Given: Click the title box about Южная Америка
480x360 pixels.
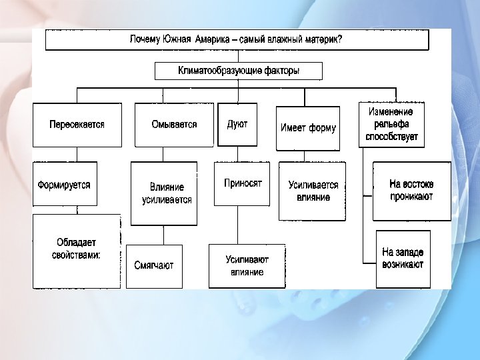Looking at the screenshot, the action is tap(237, 39).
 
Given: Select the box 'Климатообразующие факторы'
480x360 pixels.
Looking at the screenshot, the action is tap(238, 71).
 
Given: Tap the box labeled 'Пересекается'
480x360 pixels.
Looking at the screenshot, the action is tap(77, 125).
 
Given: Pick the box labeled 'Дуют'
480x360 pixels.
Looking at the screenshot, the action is tap(237, 125).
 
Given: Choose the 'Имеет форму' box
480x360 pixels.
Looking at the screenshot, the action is tap(308, 128).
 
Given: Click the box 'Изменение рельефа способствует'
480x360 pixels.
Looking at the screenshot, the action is tap(391, 124).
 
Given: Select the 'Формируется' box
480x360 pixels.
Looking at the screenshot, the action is tap(65, 184).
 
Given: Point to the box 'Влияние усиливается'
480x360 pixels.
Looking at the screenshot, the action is tap(167, 193).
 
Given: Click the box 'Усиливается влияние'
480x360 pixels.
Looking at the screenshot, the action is tap(313, 191).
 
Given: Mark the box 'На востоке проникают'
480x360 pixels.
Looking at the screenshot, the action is tap(411, 191).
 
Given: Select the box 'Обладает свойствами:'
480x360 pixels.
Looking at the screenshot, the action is tap(77, 250).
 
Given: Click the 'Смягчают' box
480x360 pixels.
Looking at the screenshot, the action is tap(154, 265).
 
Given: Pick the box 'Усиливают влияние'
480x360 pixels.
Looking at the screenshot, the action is tap(247, 265).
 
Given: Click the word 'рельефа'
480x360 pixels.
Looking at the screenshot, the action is tap(391, 125).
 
